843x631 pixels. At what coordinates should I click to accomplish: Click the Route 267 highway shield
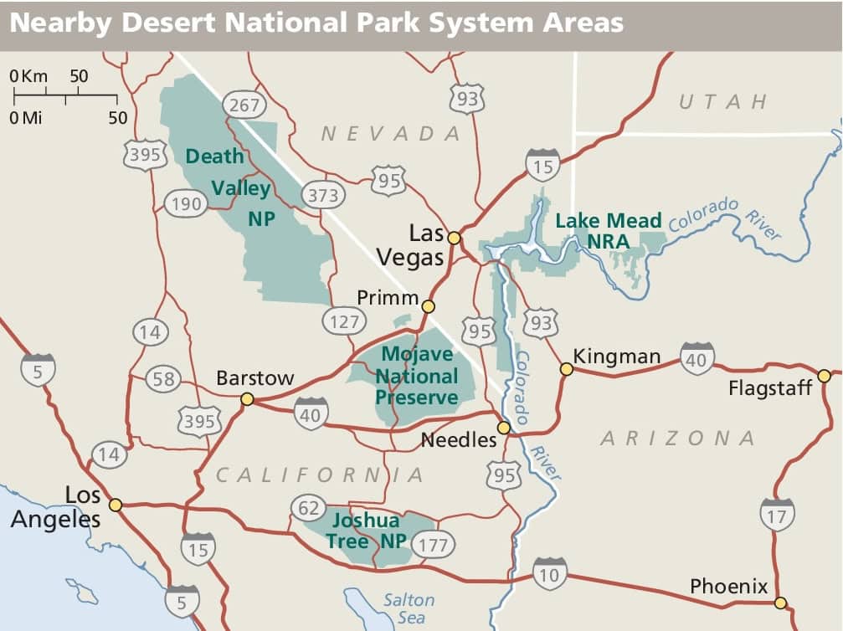[244, 105]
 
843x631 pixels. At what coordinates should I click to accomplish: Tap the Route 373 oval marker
[323, 196]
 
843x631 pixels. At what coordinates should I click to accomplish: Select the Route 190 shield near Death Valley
[187, 203]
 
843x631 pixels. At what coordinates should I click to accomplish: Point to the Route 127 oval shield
[344, 321]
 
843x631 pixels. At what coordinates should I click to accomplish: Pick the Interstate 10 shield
[549, 574]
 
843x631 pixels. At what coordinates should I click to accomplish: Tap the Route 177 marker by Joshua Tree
[432, 546]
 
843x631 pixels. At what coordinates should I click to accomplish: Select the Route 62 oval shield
[309, 508]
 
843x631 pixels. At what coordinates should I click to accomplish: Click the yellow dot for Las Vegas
[454, 238]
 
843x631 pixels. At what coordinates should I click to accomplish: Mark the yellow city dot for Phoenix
[780, 603]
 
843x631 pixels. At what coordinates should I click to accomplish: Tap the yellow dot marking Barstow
[247, 399]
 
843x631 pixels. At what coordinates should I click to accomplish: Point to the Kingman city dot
[567, 369]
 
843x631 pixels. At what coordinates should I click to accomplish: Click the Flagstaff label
[770, 388]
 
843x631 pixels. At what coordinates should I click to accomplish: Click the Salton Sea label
[409, 608]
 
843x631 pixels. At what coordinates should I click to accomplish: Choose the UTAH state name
[722, 102]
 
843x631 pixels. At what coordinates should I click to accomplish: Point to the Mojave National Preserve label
[417, 377]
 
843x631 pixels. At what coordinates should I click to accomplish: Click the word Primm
[387, 298]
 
